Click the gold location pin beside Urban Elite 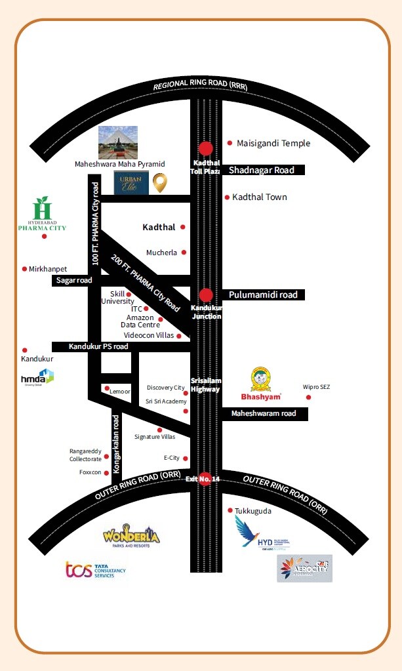pyautogui.click(x=159, y=183)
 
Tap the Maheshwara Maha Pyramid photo pyautogui.click(x=118, y=142)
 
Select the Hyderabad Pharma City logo pyautogui.click(x=42, y=214)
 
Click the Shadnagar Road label pyautogui.click(x=262, y=170)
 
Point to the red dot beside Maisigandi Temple pyautogui.click(x=230, y=143)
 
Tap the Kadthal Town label pyautogui.click(x=260, y=197)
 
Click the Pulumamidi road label pyautogui.click(x=263, y=295)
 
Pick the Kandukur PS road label pyautogui.click(x=99, y=346)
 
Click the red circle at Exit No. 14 pyautogui.click(x=205, y=479)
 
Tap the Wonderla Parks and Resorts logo pyautogui.click(x=131, y=536)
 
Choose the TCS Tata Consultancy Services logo pyautogui.click(x=95, y=569)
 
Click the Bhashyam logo pyautogui.click(x=261, y=384)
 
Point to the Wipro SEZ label pyautogui.click(x=316, y=387)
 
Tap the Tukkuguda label pyautogui.click(x=253, y=510)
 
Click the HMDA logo pyautogui.click(x=37, y=377)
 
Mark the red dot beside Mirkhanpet pyautogui.click(x=24, y=269)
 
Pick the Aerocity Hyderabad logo pyautogui.click(x=304, y=568)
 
